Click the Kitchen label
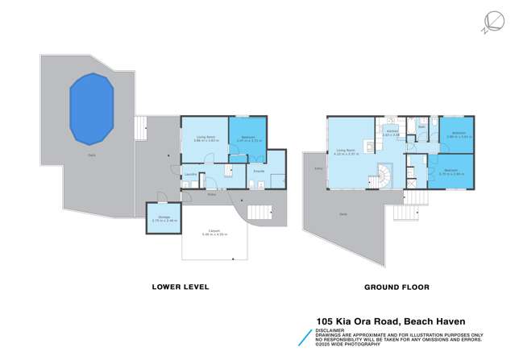coord(392,133)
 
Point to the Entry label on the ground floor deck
coord(318,168)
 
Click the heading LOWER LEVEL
coord(181,287)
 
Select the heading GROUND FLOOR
coord(397,287)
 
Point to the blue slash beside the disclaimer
coord(305,337)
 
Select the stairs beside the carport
coord(261,213)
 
